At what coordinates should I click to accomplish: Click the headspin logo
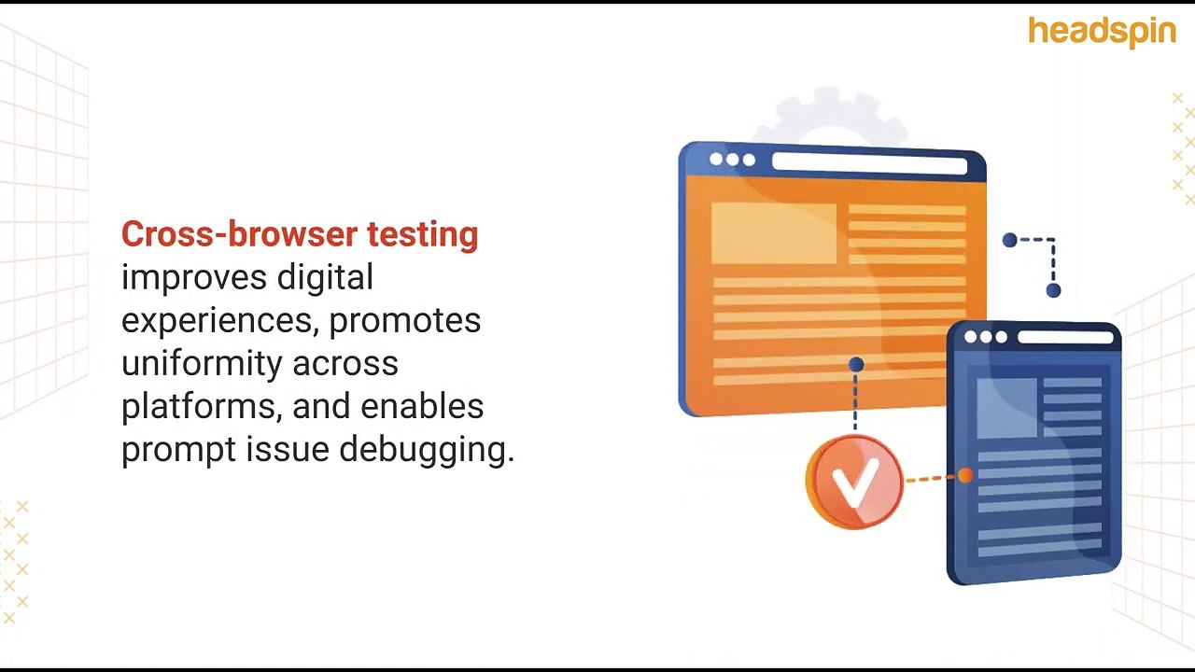pos(1102,32)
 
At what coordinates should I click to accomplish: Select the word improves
pos(188,277)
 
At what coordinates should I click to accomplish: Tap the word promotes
pos(405,320)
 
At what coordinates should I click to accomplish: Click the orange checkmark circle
pos(854,482)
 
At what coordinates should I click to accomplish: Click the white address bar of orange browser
pos(869,164)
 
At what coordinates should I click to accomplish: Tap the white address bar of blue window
pos(1065,337)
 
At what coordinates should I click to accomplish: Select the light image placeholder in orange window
pos(773,233)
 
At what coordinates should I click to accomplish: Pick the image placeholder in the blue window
pos(1006,408)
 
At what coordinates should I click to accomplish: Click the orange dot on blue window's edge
pos(965,476)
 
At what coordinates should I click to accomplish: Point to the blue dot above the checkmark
pos(856,364)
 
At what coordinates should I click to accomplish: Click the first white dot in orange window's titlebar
pos(716,160)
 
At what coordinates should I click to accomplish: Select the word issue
pos(288,449)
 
